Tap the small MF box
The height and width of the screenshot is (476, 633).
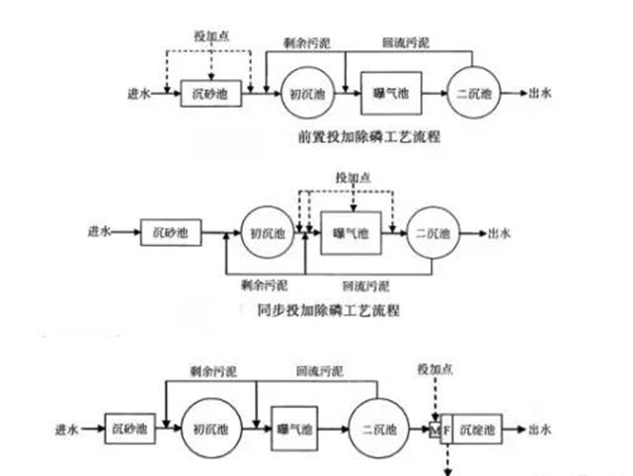439,430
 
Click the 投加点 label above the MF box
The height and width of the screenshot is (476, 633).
435,369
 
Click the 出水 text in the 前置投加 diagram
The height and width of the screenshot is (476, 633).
542,94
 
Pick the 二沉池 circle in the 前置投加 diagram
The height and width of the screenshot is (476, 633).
476,95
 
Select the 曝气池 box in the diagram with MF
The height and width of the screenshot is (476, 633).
293,430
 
